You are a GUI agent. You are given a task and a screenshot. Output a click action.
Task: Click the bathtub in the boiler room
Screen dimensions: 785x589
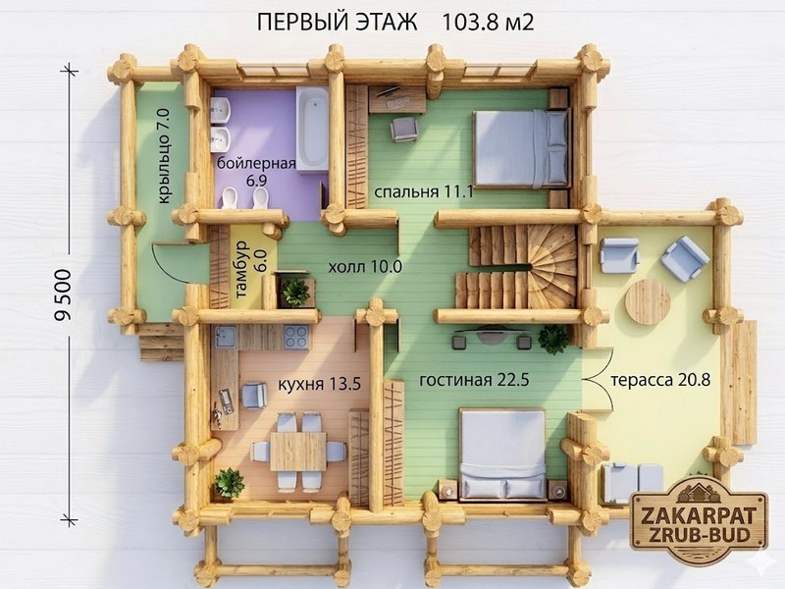[312, 129]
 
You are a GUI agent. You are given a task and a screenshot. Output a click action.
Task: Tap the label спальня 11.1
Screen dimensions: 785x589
[424, 191]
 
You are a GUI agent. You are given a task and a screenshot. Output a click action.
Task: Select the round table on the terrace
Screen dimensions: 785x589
[648, 302]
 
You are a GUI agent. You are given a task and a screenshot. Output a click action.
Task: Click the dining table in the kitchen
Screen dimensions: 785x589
[298, 452]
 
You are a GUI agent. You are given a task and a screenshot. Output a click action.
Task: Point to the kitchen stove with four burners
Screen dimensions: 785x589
[296, 338]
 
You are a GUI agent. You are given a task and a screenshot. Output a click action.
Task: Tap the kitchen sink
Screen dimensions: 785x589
[227, 337]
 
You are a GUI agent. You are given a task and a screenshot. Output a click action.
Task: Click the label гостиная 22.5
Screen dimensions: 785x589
[474, 380]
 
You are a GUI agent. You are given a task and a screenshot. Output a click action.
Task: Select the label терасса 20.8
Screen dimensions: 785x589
[660, 380]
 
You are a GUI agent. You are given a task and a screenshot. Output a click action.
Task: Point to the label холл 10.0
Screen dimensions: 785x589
[365, 266]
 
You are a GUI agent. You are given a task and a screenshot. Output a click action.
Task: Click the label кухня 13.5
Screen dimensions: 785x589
[319, 384]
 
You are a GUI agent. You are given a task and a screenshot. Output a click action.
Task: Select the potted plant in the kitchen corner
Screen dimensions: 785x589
[229, 483]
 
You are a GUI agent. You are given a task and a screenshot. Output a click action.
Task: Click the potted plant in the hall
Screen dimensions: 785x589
[295, 292]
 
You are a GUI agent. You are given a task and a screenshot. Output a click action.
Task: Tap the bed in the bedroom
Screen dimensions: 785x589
[521, 148]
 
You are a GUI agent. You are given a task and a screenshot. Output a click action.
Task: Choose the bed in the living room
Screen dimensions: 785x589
[502, 454]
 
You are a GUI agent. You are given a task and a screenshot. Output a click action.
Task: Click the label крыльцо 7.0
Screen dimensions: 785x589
[165, 157]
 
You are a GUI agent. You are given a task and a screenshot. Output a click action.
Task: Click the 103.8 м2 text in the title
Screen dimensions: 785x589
[488, 23]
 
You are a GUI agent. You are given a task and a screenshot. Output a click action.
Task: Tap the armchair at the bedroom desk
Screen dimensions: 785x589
[403, 129]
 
